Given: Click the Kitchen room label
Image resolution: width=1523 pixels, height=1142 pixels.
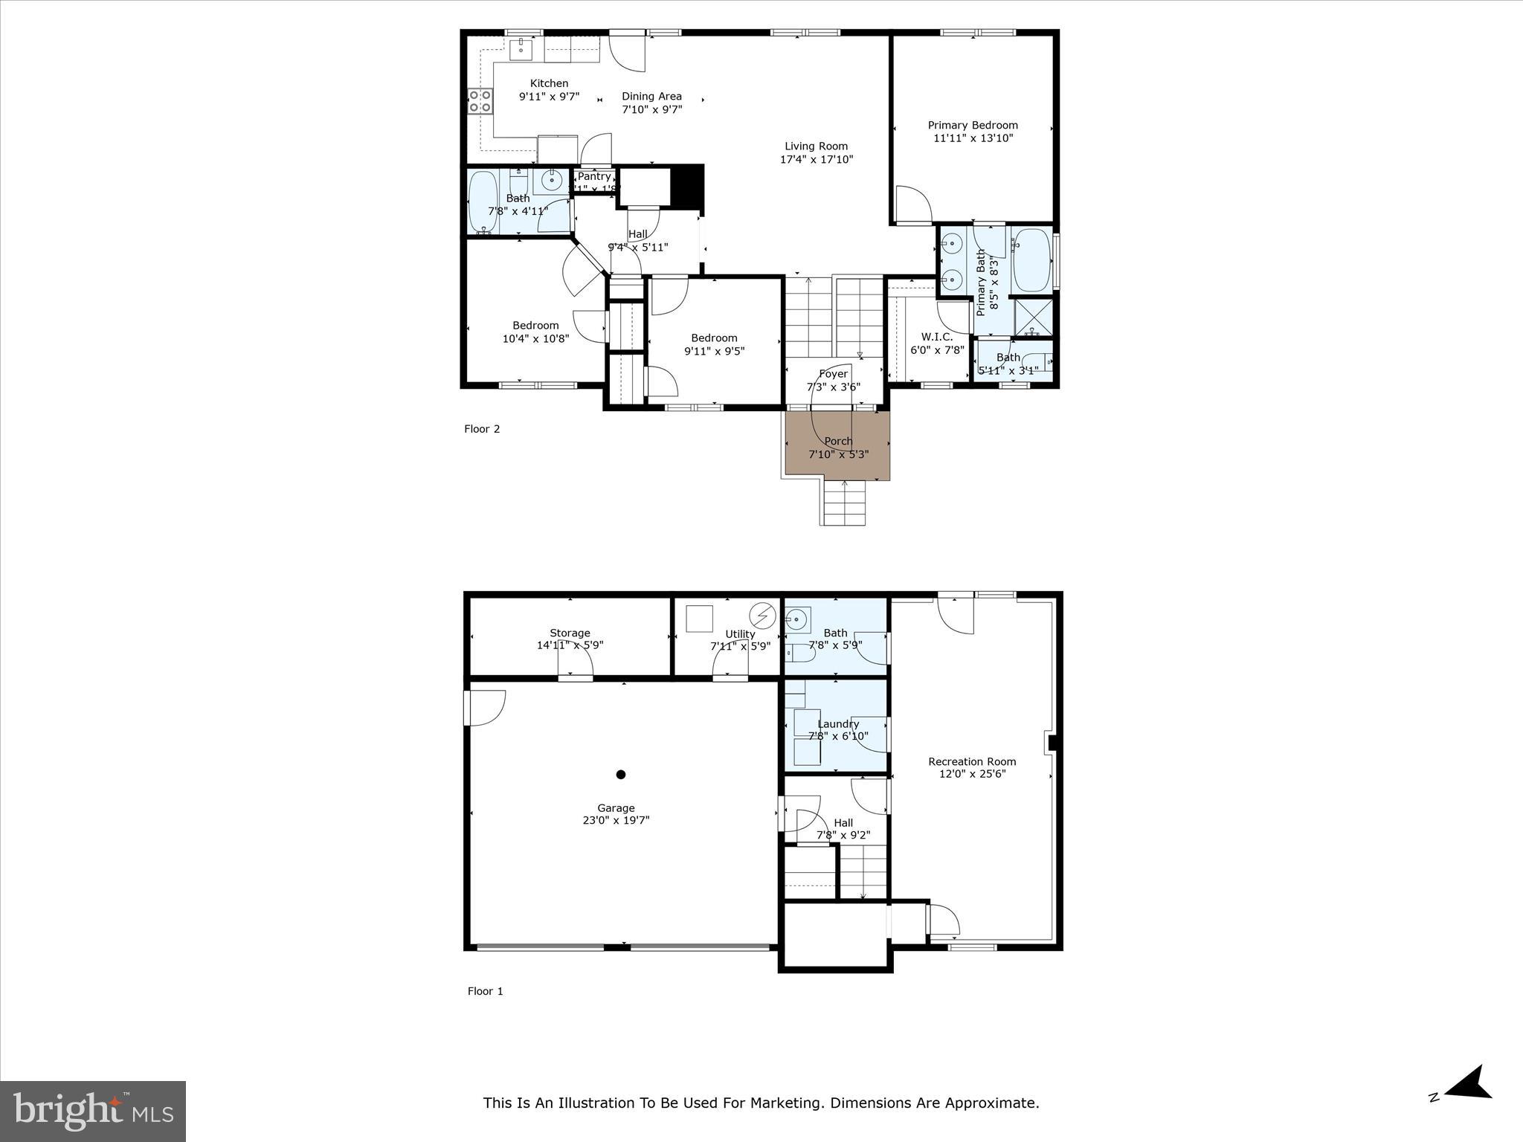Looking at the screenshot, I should [x=549, y=83].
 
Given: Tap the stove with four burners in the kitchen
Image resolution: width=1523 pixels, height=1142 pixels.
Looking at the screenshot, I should [x=480, y=100].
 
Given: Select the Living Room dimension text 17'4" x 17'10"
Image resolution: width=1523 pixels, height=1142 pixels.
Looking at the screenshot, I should [x=816, y=159].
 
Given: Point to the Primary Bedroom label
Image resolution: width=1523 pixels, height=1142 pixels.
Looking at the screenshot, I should [x=972, y=125].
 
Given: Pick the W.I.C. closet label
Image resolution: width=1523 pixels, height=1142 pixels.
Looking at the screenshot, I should [x=936, y=337].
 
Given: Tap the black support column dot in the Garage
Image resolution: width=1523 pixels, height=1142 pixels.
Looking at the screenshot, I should [x=621, y=774].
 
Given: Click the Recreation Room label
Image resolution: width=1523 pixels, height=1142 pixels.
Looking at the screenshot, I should [x=971, y=761].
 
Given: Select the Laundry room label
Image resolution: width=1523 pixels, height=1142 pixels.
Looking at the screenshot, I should [x=838, y=723].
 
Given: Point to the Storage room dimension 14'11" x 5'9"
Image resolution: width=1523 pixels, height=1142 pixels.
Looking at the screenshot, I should [x=570, y=645].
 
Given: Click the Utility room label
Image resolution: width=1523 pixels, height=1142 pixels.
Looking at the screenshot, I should [x=740, y=633].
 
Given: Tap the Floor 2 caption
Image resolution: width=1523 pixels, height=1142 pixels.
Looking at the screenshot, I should [x=482, y=429].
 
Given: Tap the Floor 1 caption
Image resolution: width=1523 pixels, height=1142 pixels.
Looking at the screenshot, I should [x=485, y=991].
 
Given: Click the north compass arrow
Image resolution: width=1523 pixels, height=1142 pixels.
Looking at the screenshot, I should [x=1469, y=1104].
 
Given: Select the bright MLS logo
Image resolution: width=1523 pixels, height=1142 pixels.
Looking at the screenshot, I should [x=93, y=1110].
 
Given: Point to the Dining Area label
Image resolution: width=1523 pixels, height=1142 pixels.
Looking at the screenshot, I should [x=651, y=96].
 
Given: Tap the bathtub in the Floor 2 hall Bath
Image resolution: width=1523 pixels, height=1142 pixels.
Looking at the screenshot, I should [x=483, y=202].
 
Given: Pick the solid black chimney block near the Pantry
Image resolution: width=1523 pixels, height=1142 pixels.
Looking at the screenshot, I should [x=687, y=185].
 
